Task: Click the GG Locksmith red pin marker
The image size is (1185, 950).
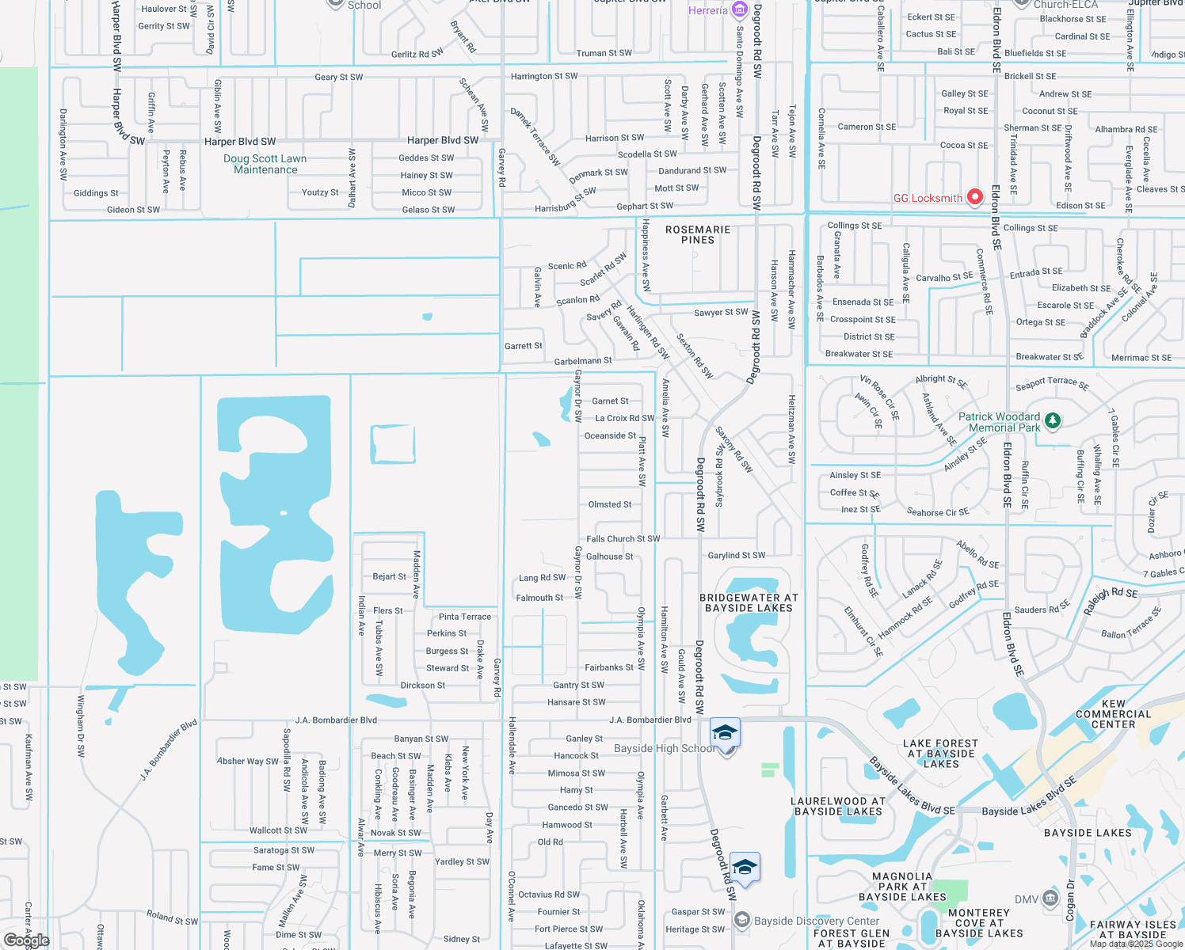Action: [x=975, y=196]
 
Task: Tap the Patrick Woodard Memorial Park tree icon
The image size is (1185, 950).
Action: [x=1052, y=420]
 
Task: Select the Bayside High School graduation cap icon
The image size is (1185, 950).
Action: [x=725, y=733]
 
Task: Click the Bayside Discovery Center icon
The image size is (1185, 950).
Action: [x=742, y=919]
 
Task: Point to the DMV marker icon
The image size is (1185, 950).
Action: [x=1050, y=899]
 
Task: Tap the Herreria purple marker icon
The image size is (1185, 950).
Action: [x=739, y=9]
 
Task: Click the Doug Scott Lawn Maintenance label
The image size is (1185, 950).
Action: [x=265, y=164]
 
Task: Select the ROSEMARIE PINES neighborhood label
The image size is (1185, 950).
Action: [x=698, y=234]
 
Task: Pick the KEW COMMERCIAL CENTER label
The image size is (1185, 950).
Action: [x=1113, y=714]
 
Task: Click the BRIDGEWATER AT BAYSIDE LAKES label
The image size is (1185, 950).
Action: [x=749, y=603]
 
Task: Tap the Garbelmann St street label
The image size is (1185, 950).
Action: [x=583, y=361]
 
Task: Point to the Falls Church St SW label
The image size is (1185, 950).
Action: [x=623, y=539]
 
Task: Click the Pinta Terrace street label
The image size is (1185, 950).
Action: [x=465, y=617]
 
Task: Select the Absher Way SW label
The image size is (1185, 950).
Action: [x=248, y=762]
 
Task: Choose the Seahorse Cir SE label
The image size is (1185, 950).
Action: [x=938, y=512]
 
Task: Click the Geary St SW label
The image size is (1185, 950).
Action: [x=339, y=78]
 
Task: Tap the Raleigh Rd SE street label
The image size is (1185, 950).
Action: [x=1111, y=601]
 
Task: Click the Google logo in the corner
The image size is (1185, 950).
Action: [x=26, y=940]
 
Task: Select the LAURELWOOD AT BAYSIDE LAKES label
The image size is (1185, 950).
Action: [x=838, y=807]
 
